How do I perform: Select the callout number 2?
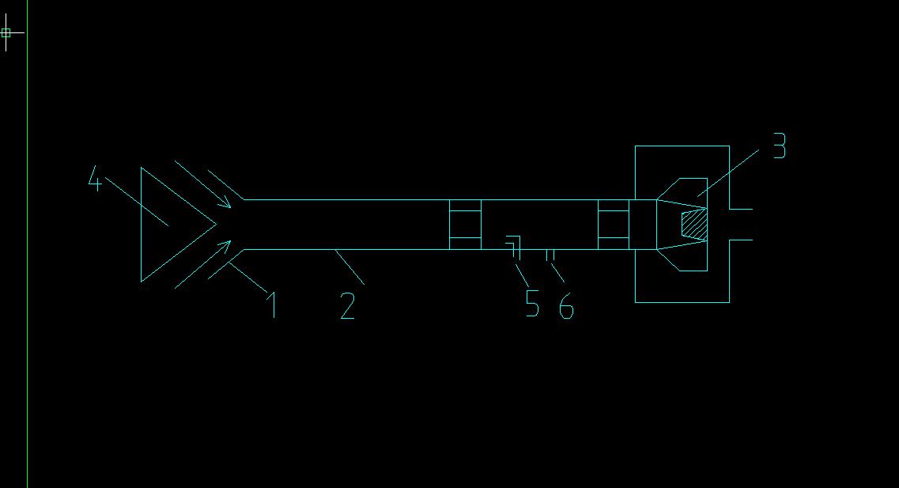pos(348,305)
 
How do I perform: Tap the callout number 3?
pos(779,146)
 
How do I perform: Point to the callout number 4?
pos(95,181)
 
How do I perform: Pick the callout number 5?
pos(533,303)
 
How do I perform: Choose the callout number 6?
pos(566,305)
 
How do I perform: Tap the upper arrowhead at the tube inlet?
pos(226,204)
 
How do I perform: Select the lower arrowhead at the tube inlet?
pos(226,247)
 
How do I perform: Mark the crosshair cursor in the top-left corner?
pos(6,32)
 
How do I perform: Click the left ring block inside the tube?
pos(465,225)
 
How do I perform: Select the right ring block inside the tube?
pos(614,225)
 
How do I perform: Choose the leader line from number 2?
pos(349,267)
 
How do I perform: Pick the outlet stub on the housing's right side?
pos(740,224)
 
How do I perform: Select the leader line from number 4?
pos(134,203)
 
